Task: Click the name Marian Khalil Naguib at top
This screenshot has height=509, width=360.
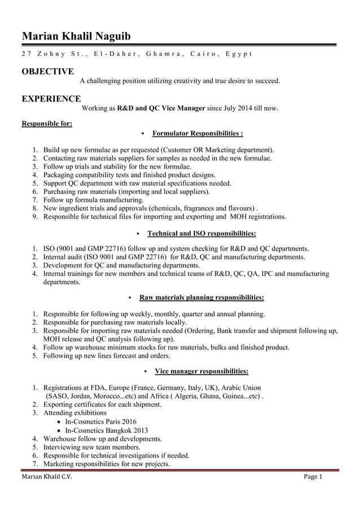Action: coord(76,37)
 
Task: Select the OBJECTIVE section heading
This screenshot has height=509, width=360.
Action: coord(47,71)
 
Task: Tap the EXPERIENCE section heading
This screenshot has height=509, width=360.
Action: coord(51,99)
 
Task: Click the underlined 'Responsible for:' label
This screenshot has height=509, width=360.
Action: coord(46,124)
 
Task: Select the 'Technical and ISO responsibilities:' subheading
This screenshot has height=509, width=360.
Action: coord(201,233)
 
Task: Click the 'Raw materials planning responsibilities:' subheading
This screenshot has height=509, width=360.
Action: coord(201,297)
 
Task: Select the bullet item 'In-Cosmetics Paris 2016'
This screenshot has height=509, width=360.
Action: coord(100,422)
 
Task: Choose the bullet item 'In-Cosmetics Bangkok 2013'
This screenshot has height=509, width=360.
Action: coord(106,430)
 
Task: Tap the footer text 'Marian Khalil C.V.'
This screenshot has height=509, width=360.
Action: coord(47,477)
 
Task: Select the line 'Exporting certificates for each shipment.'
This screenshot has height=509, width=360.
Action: coord(102,405)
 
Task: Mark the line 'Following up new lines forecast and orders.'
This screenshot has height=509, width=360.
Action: coord(107,356)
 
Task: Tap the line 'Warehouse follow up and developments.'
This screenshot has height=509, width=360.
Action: coord(102,438)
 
